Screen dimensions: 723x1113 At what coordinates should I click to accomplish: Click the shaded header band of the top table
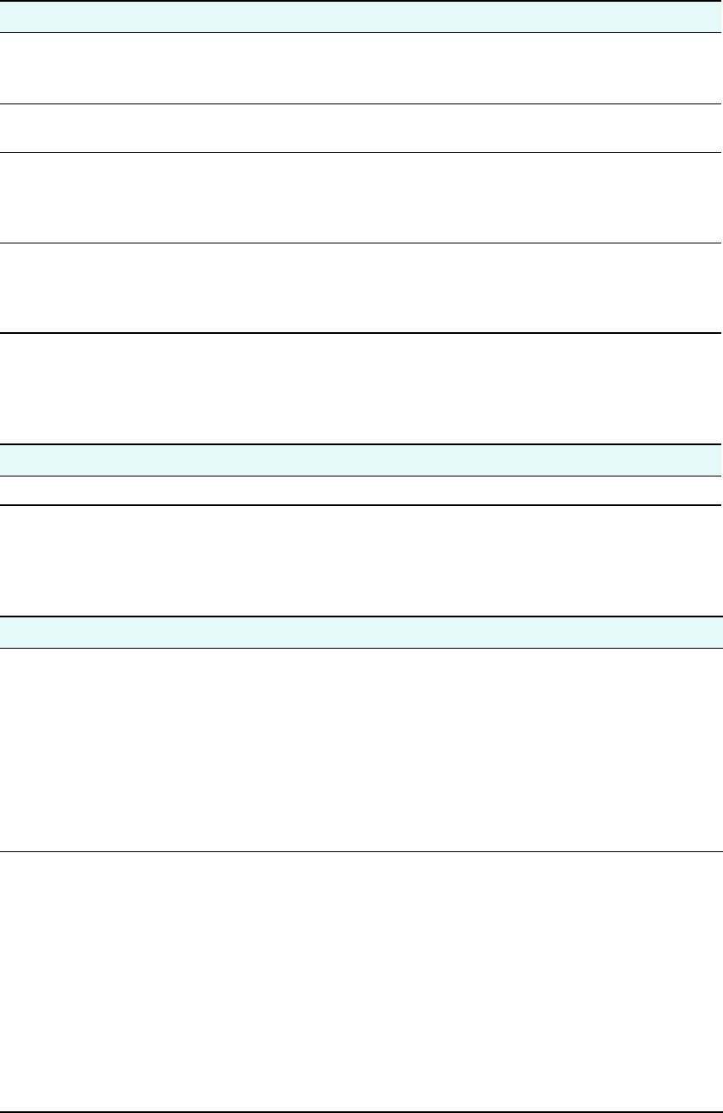pyautogui.click(x=361, y=17)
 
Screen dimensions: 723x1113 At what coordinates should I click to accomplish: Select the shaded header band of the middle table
pyautogui.click(x=361, y=460)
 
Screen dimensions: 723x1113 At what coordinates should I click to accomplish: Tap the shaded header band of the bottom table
pyautogui.click(x=361, y=632)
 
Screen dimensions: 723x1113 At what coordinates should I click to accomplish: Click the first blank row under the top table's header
pyautogui.click(x=361, y=69)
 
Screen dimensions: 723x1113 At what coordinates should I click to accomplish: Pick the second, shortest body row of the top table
pyautogui.click(x=361, y=129)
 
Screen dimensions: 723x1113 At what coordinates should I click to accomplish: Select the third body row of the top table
pyautogui.click(x=361, y=197)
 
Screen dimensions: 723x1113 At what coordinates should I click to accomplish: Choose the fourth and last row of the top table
pyautogui.click(x=361, y=288)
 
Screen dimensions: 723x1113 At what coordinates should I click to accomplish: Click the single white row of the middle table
pyautogui.click(x=361, y=490)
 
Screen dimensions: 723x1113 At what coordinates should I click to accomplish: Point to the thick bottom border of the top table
pyautogui.click(x=361, y=333)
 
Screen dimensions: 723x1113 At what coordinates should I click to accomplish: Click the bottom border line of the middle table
pyautogui.click(x=361, y=505)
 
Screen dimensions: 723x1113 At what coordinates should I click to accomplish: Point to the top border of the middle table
pyautogui.click(x=361, y=444)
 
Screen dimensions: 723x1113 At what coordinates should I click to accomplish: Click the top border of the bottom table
pyautogui.click(x=361, y=616)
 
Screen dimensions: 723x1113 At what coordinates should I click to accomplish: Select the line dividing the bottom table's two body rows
pyautogui.click(x=361, y=851)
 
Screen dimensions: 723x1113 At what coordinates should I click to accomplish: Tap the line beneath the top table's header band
pyautogui.click(x=361, y=33)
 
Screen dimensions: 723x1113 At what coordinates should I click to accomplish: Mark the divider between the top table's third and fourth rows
pyautogui.click(x=361, y=243)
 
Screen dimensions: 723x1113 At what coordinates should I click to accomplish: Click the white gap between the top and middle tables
pyautogui.click(x=361, y=389)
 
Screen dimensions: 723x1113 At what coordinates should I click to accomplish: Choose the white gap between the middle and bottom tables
pyautogui.click(x=361, y=561)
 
